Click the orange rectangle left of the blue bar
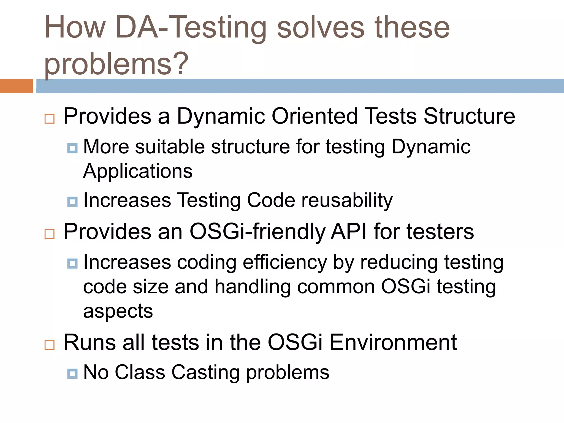point(16,86)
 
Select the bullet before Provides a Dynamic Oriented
point(50,119)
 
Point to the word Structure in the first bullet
point(469,116)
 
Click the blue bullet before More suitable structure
point(72,148)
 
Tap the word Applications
point(138,171)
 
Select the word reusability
point(347,200)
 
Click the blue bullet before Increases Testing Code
point(72,202)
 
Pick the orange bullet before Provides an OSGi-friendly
point(50,234)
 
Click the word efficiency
point(285,262)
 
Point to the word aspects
point(118,311)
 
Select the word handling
point(253,287)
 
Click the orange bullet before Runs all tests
point(50,345)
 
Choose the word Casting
point(205,372)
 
